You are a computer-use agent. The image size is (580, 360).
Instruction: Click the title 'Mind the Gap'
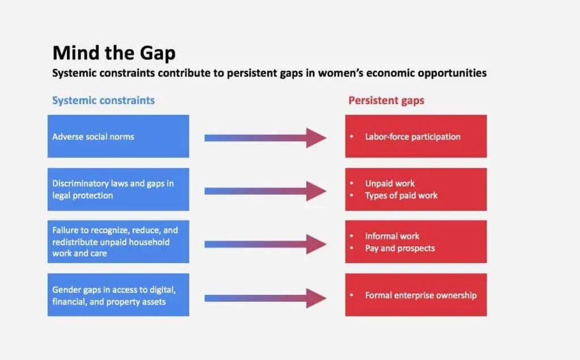click(x=114, y=53)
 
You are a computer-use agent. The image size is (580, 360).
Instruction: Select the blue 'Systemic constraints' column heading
click(x=103, y=101)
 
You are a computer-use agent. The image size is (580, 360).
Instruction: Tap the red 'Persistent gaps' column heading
click(x=386, y=101)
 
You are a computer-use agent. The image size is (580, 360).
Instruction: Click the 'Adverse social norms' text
click(x=93, y=137)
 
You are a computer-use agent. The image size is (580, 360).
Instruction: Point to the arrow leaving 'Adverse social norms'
click(x=265, y=138)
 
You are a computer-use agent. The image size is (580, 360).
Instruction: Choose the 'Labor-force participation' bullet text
click(x=413, y=137)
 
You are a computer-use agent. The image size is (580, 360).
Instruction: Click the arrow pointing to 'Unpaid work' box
click(x=265, y=191)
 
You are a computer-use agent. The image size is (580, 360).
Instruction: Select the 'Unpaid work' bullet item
click(x=390, y=183)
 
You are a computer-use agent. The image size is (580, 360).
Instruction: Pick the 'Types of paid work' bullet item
click(x=402, y=195)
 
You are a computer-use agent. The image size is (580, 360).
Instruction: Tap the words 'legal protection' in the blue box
click(x=83, y=195)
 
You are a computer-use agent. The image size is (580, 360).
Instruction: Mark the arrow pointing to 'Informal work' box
click(x=265, y=244)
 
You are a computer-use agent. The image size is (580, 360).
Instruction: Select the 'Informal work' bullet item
click(x=392, y=236)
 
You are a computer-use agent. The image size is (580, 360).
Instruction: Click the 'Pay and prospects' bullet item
click(x=400, y=248)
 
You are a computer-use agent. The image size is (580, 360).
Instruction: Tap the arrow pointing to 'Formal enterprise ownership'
click(x=265, y=298)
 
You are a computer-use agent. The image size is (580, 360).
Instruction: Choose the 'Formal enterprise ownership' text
click(x=421, y=295)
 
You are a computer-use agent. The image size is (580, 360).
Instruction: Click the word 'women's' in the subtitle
click(x=340, y=73)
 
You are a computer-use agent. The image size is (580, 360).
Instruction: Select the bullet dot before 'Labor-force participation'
click(x=351, y=137)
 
